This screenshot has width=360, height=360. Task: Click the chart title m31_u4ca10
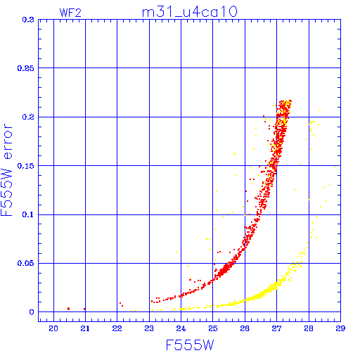pos(190,12)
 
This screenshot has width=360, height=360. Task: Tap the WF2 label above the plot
pos(70,13)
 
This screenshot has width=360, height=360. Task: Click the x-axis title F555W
pos(190,345)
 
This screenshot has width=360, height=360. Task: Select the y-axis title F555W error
pos(6,170)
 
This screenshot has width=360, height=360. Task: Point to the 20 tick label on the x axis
pos(53,328)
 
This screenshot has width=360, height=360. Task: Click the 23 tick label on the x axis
pos(149,328)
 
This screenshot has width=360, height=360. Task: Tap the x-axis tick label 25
pos(213,328)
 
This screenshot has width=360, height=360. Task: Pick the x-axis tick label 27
pos(276,328)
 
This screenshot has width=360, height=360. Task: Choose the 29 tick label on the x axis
pos(340,328)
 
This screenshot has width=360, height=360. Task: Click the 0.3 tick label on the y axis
pos(28,20)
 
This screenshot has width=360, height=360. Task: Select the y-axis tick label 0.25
pos(26,68)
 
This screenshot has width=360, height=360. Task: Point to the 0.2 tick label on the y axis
pos(28,117)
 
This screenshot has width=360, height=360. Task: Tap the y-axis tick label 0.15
pos(26,166)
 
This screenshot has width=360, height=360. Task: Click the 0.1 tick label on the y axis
pos(28,214)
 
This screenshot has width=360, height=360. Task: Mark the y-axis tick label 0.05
pos(26,263)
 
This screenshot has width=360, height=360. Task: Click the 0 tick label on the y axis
pos(32,312)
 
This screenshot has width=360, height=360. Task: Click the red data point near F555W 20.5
pos(68,309)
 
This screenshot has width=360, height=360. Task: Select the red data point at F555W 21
pos(84,309)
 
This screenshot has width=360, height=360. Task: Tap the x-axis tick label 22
pos(117,328)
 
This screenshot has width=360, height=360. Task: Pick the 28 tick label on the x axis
pos(309,328)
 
